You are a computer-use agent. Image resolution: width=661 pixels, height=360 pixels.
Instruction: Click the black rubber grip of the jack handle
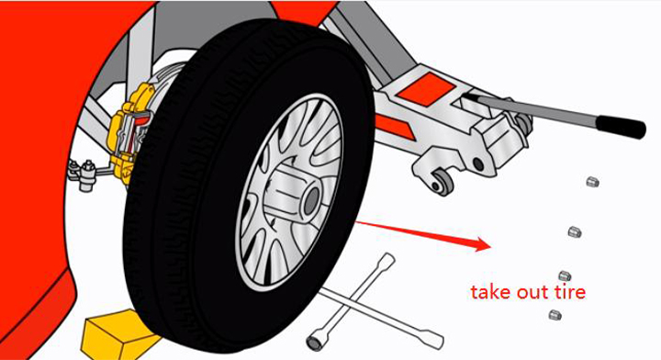[x=620, y=127]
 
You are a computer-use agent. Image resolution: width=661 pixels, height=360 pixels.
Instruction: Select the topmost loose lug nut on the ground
[x=593, y=182]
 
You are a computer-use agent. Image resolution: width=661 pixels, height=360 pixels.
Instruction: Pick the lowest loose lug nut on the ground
[x=555, y=314]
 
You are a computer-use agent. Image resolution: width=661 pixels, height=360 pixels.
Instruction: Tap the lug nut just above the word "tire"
[x=565, y=276]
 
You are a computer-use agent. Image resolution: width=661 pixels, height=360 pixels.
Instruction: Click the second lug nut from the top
[x=575, y=231]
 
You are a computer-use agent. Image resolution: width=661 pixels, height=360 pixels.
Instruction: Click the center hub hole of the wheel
[x=312, y=199]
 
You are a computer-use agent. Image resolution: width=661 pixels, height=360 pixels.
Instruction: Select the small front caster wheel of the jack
[x=441, y=183]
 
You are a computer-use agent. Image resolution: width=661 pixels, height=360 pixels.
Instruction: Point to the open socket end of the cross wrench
[x=316, y=340]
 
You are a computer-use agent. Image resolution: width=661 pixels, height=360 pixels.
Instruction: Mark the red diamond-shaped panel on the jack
[x=427, y=88]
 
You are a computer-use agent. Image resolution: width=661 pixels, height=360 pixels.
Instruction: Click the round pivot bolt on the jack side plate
[x=478, y=163]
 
